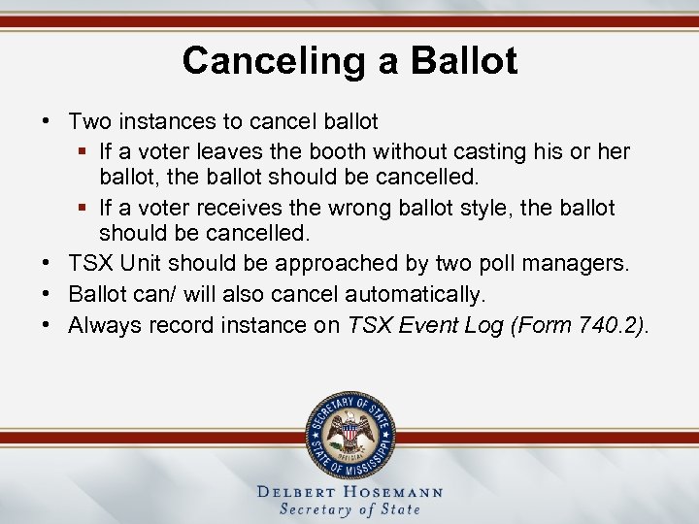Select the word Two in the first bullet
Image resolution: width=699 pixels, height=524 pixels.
(x=89, y=122)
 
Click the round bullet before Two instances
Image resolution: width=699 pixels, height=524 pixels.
(x=47, y=122)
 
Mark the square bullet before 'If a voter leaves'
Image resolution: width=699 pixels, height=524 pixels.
(x=83, y=151)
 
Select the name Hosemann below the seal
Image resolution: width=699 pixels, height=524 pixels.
(x=395, y=492)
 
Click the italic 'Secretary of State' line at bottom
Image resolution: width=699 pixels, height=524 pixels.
(x=349, y=509)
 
